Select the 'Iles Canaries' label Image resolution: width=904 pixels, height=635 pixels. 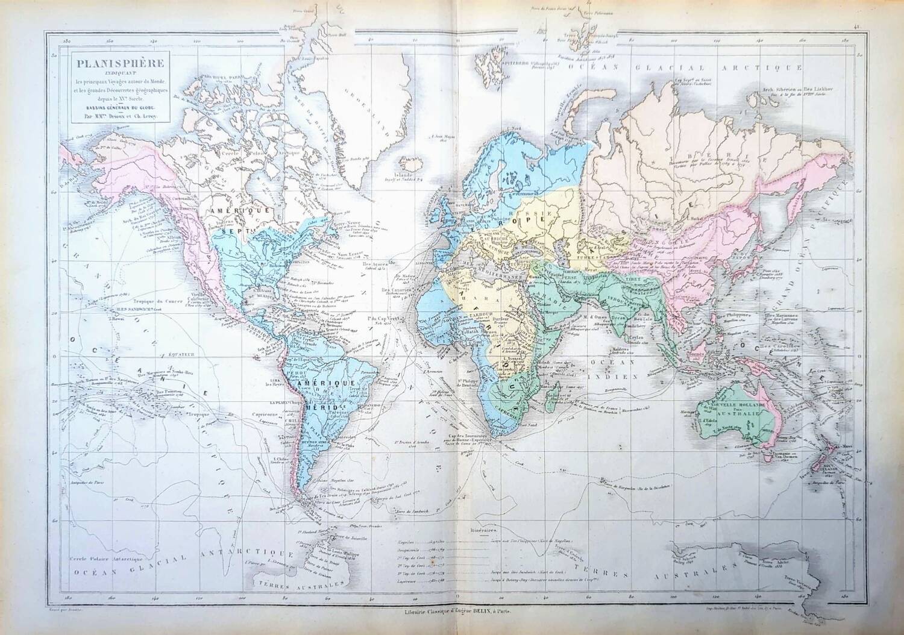(395, 289)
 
